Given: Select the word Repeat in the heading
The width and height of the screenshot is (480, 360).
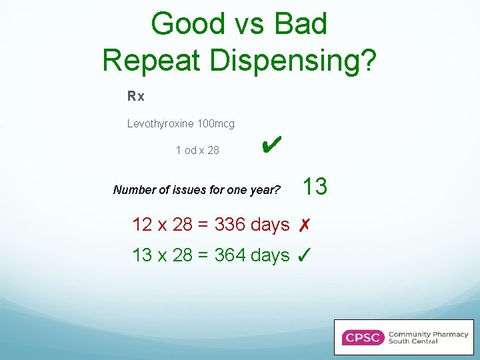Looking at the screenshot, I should pos(153,60).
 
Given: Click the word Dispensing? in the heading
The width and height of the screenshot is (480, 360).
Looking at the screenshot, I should pos(294,61).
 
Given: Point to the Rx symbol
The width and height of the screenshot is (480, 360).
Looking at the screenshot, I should pos(136,97).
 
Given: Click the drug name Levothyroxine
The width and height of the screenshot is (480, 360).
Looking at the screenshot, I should pos(159,124).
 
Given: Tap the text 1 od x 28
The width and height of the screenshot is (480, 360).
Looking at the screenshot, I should pos(197,151).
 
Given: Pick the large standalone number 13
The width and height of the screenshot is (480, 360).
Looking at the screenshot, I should pos(315,187).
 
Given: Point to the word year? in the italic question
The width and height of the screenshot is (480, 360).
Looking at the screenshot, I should pos(265,190).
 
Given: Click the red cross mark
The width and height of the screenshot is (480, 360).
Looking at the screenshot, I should pos(303,225).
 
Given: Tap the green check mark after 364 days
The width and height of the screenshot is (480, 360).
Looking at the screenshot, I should pos(303,255).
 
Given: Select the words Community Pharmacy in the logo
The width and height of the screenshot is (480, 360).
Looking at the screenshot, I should pos(428,334).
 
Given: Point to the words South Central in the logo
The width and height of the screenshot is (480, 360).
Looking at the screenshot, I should pos(413,341).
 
